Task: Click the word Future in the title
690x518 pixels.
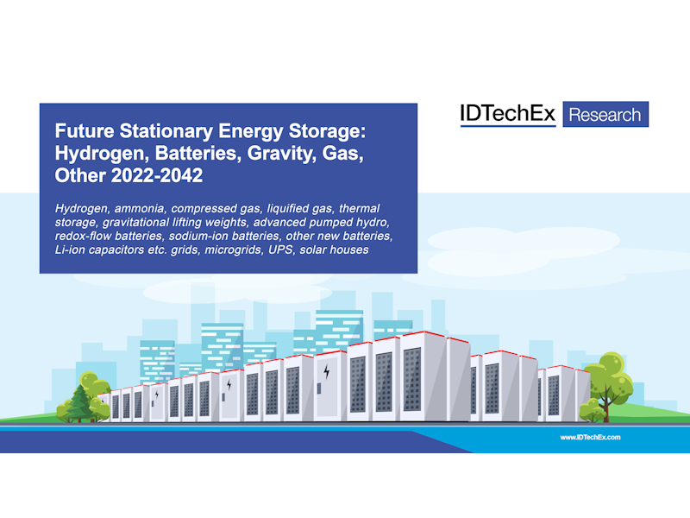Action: [x=84, y=131]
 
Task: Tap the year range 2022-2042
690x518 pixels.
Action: [x=157, y=175]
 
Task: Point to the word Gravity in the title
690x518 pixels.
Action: [x=281, y=154]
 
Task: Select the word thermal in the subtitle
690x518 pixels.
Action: [x=359, y=208]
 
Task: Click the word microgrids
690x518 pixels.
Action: [x=233, y=250]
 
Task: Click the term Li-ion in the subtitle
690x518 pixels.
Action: [x=70, y=250]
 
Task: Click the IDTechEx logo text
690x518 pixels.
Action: [x=507, y=114]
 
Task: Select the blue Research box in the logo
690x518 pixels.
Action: [x=605, y=114]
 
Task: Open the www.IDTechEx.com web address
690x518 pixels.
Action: [x=590, y=438]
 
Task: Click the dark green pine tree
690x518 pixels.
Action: [x=80, y=403]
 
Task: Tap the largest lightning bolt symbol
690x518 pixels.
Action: [x=327, y=372]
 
